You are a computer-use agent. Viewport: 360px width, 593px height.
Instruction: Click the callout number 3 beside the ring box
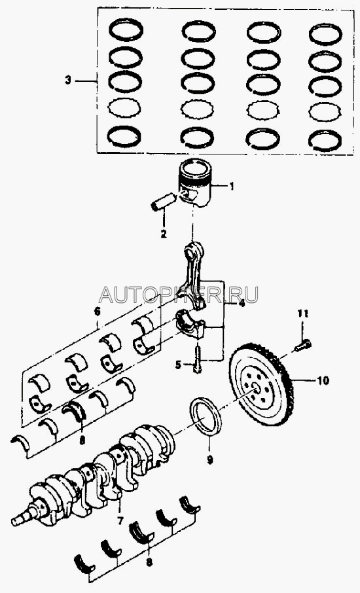(x=67, y=80)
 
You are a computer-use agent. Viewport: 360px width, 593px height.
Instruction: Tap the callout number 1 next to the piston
(x=232, y=186)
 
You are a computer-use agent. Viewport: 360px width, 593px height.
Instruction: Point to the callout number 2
(x=164, y=234)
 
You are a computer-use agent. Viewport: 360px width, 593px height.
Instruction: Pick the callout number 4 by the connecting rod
(x=241, y=303)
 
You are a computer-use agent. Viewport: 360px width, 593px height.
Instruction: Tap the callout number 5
(x=179, y=365)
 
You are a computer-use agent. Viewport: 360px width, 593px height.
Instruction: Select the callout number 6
(x=97, y=312)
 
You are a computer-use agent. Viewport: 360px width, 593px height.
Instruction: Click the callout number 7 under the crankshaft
(x=120, y=521)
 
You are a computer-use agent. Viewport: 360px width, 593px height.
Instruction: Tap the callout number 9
(x=209, y=460)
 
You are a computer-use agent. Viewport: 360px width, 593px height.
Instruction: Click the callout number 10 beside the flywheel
(x=323, y=380)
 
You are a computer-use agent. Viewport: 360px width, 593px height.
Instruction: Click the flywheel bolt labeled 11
(x=302, y=345)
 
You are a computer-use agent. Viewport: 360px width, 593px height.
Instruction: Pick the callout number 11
(x=302, y=314)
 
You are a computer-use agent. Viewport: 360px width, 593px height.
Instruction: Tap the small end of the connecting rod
(x=193, y=249)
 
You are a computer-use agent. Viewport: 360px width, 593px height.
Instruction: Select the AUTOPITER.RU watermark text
(x=179, y=295)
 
